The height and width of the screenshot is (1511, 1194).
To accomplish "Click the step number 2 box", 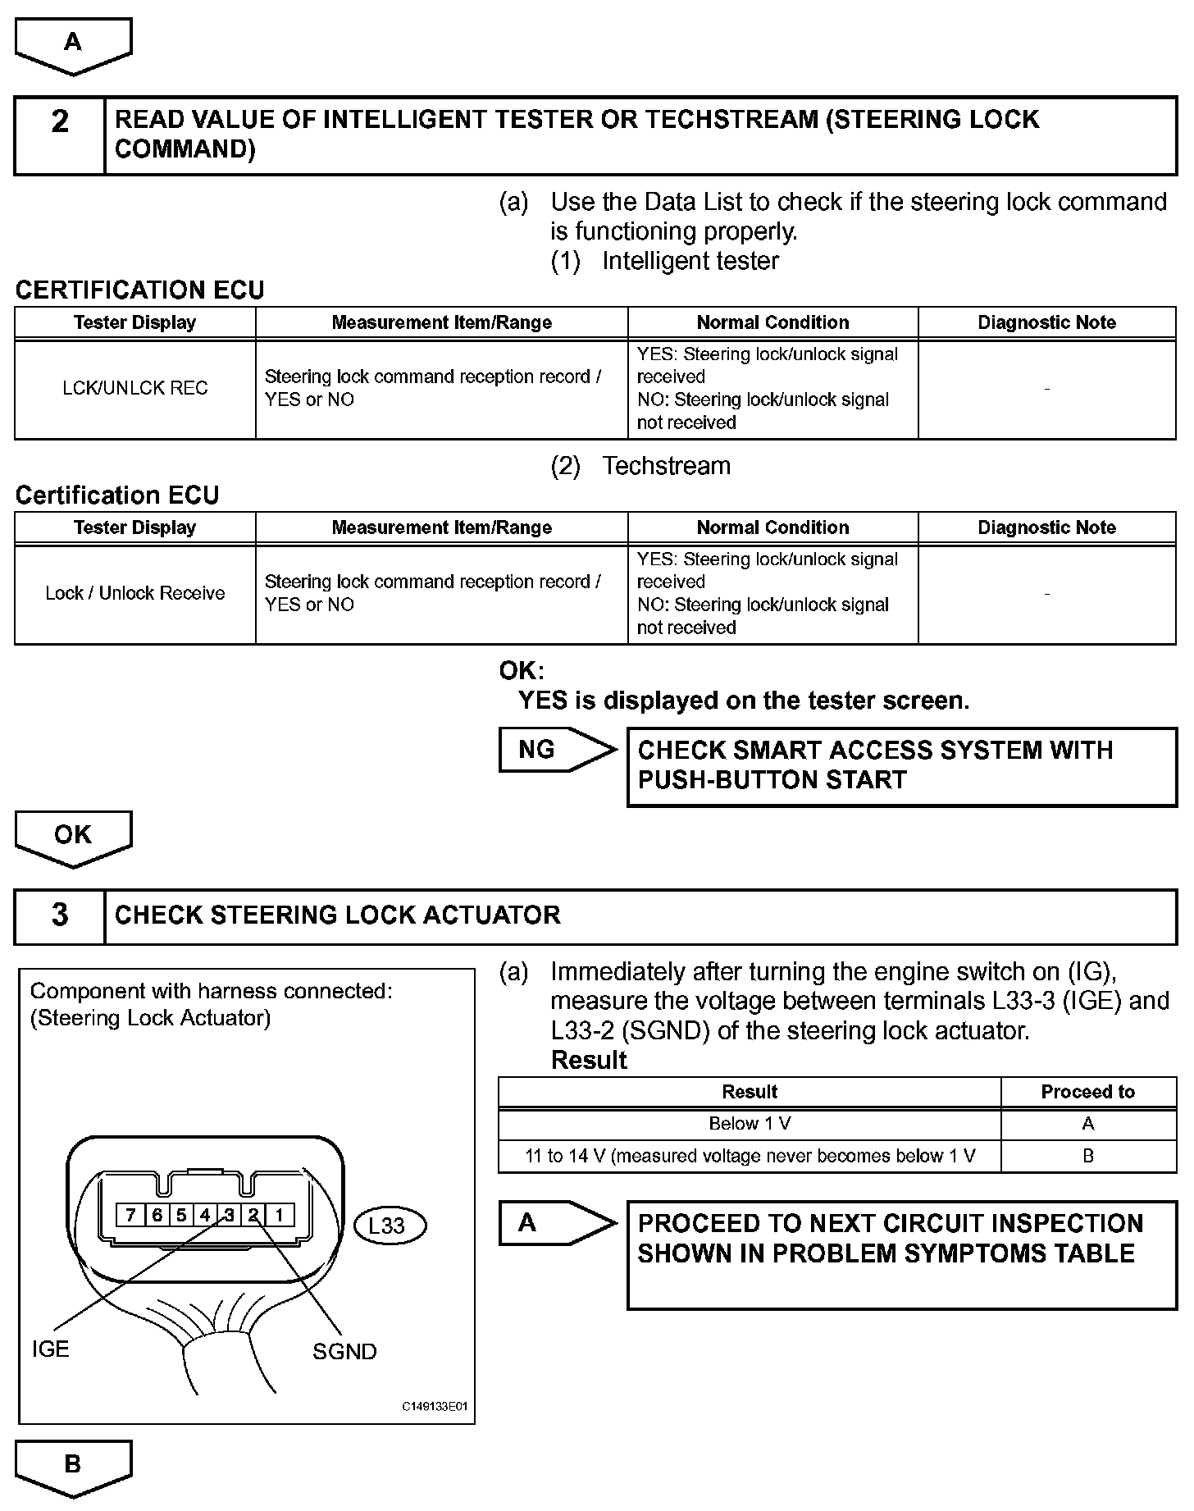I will pyautogui.click(x=60, y=135).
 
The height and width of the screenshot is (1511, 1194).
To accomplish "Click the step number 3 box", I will pyautogui.click(x=60, y=915).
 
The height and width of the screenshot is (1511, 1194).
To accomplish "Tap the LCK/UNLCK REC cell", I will pyautogui.click(x=135, y=388).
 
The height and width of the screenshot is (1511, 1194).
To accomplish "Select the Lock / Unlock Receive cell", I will pyautogui.click(x=135, y=593).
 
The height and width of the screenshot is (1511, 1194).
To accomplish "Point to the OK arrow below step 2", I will pyautogui.click(x=73, y=836).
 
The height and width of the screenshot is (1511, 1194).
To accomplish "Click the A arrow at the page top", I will pyautogui.click(x=73, y=43).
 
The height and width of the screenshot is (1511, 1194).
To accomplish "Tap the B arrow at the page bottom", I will pyautogui.click(x=73, y=1464).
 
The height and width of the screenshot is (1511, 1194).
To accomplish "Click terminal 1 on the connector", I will pyautogui.click(x=279, y=1215).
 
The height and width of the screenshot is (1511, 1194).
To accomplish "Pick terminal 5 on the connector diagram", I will pyautogui.click(x=180, y=1215).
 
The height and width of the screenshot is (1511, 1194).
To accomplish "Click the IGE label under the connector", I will pyautogui.click(x=50, y=1349).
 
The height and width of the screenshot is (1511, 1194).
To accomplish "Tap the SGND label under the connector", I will pyautogui.click(x=344, y=1351).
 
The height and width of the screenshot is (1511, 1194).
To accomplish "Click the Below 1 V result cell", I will pyautogui.click(x=750, y=1124).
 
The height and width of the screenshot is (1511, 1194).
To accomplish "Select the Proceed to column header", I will pyautogui.click(x=1087, y=1092).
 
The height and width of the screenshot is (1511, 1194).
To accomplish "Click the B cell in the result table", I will pyautogui.click(x=1087, y=1156).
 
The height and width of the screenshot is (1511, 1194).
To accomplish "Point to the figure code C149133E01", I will pyautogui.click(x=435, y=1406).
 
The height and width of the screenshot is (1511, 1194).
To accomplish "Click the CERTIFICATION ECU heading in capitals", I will pyautogui.click(x=140, y=290).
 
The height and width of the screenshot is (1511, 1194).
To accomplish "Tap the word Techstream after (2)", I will pyautogui.click(x=666, y=466).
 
